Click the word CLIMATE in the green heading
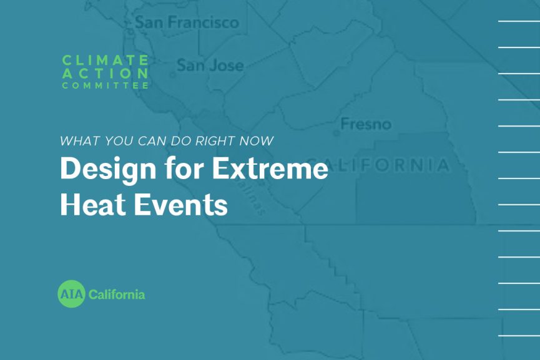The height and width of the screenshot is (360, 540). [x=105, y=60]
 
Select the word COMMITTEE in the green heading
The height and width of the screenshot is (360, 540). [x=105, y=85]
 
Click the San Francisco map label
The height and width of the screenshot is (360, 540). [x=187, y=22]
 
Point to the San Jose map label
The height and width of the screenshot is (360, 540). [x=210, y=65]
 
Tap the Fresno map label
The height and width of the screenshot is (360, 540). [x=365, y=124]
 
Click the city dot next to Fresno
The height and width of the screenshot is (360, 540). [x=337, y=133]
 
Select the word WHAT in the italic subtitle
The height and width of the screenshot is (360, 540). [x=76, y=141]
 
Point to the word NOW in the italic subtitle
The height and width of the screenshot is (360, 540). [x=258, y=141]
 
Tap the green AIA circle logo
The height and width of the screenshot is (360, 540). [x=71, y=294]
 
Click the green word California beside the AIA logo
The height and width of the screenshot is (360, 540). [x=117, y=294]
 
